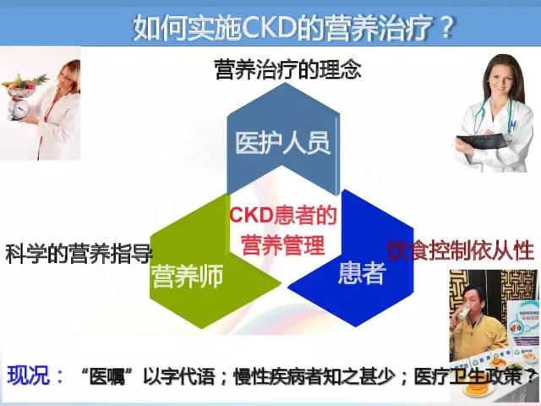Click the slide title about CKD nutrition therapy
click(x=293, y=26)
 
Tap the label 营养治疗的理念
click(x=287, y=69)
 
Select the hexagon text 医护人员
click(x=283, y=142)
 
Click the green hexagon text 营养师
click(x=188, y=277)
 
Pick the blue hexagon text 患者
click(x=361, y=272)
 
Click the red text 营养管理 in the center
click(x=283, y=244)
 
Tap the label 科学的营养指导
click(x=79, y=254)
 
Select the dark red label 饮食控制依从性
click(x=461, y=250)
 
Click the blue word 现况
click(x=28, y=375)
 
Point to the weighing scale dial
click(x=20, y=109)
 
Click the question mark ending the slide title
click(x=446, y=27)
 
